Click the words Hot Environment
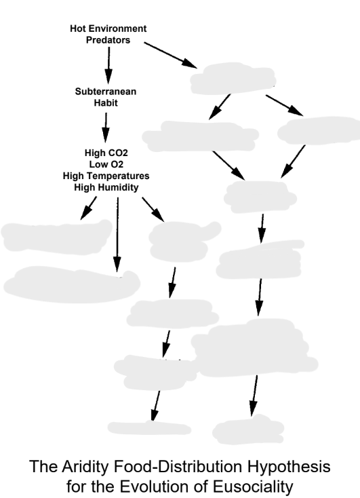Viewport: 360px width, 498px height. coord(108,28)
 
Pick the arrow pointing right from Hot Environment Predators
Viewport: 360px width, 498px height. coord(167,54)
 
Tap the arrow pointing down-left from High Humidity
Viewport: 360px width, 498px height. coord(88,209)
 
